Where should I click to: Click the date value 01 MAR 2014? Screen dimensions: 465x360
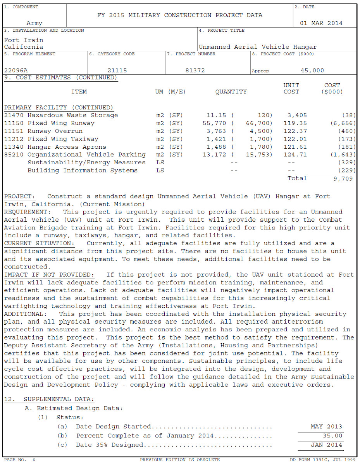[x=321, y=23]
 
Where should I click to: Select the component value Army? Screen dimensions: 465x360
[x=34, y=24]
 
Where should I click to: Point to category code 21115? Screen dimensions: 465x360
[x=117, y=71]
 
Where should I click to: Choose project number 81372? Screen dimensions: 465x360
[x=195, y=71]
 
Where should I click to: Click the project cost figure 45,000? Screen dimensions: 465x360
[x=312, y=71]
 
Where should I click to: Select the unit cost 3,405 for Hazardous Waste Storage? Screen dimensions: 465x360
[x=297, y=115]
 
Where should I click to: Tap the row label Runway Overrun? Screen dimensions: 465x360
[x=55, y=131]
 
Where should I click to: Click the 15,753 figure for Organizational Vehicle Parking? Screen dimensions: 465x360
[x=259, y=155]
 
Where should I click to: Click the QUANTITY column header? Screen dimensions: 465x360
[x=231, y=92]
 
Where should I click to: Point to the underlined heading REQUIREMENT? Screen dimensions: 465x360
[x=27, y=212]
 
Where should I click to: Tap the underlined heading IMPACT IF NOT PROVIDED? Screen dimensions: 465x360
[x=49, y=275]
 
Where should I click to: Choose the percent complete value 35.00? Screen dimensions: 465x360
[x=333, y=436]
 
